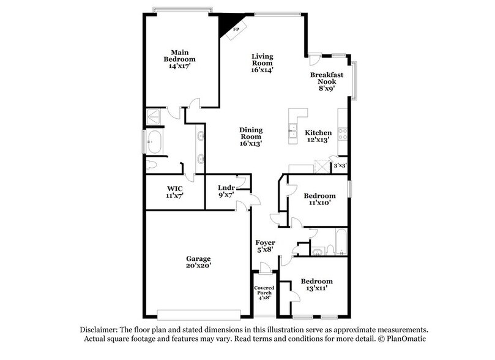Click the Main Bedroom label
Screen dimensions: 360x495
pos(179,59)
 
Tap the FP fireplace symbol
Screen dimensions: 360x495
pos(235,29)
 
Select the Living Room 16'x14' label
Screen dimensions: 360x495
pos(262,63)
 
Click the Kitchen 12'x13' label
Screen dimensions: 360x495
pos(318,136)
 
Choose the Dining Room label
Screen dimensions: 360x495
pos(251,136)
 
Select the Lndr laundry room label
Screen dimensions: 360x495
pos(226,191)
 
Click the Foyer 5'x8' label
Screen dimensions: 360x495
pos(265,247)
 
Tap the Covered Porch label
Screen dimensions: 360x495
pos(265,292)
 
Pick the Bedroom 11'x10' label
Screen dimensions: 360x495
pos(319,200)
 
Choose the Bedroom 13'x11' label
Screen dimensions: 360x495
pos(316,285)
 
